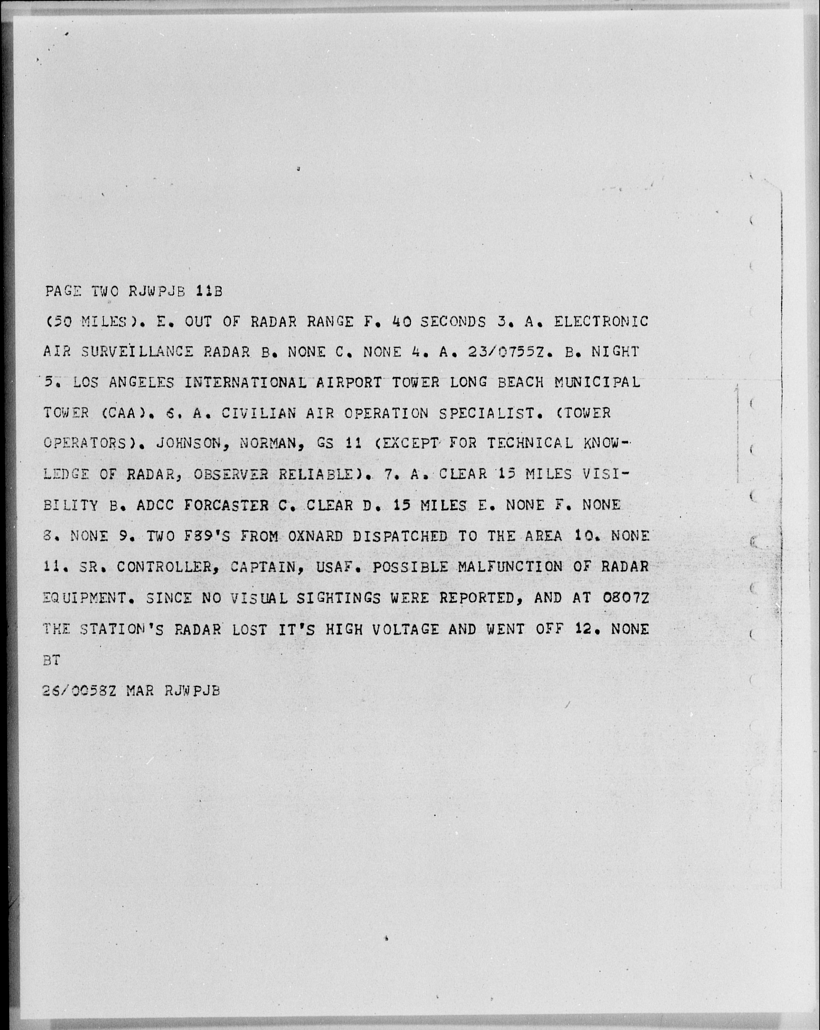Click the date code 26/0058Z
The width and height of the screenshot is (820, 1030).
[x=79, y=691]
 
